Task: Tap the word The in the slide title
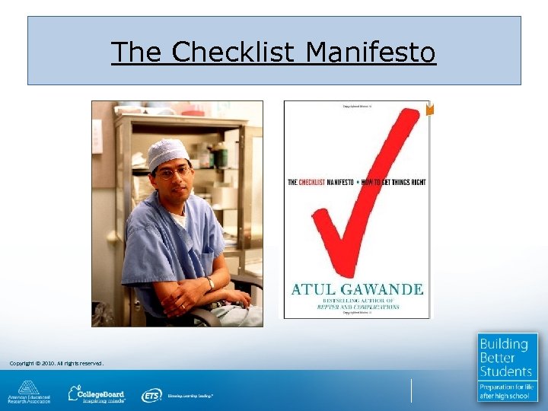(x=138, y=53)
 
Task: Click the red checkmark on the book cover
(x=364, y=190)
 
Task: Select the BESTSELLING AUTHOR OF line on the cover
(x=355, y=301)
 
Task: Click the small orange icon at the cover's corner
(x=430, y=110)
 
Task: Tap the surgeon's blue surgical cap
(x=167, y=152)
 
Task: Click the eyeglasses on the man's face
(x=173, y=173)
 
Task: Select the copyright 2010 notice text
(x=56, y=363)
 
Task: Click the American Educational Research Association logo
(x=29, y=392)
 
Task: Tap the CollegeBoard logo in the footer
(x=97, y=393)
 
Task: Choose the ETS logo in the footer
(x=151, y=395)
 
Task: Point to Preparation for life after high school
(x=506, y=391)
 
